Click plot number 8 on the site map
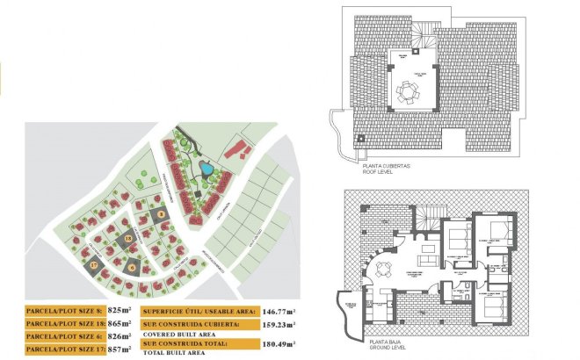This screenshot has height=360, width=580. [160, 213]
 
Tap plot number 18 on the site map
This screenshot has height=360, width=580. [128, 238]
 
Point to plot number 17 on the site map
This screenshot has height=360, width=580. [93, 263]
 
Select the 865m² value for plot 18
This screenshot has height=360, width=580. [120, 323]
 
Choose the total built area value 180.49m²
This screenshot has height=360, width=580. [279, 342]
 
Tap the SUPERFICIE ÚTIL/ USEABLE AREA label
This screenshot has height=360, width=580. [198, 310]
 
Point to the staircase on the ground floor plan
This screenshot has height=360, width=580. [430, 216]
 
